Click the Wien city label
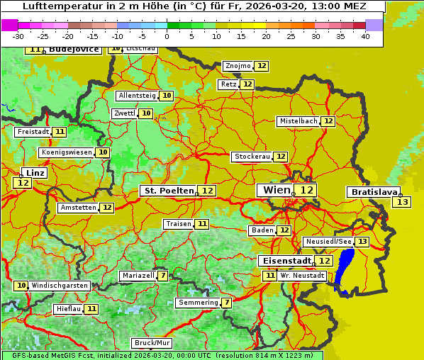tap(276, 190)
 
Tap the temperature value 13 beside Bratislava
tap(402, 203)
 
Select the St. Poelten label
tap(168, 191)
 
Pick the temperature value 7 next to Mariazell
tap(164, 276)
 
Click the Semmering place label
tap(198, 303)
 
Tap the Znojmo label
tap(238, 66)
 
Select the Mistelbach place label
tap(298, 121)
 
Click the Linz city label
tap(35, 173)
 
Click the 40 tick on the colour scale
tap(365, 36)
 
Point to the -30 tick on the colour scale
tap(18, 36)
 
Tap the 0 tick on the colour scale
tap(167, 36)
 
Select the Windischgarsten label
tap(60, 286)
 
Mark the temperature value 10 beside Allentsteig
tap(167, 96)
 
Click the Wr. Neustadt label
tap(303, 276)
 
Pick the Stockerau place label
tap(252, 157)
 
